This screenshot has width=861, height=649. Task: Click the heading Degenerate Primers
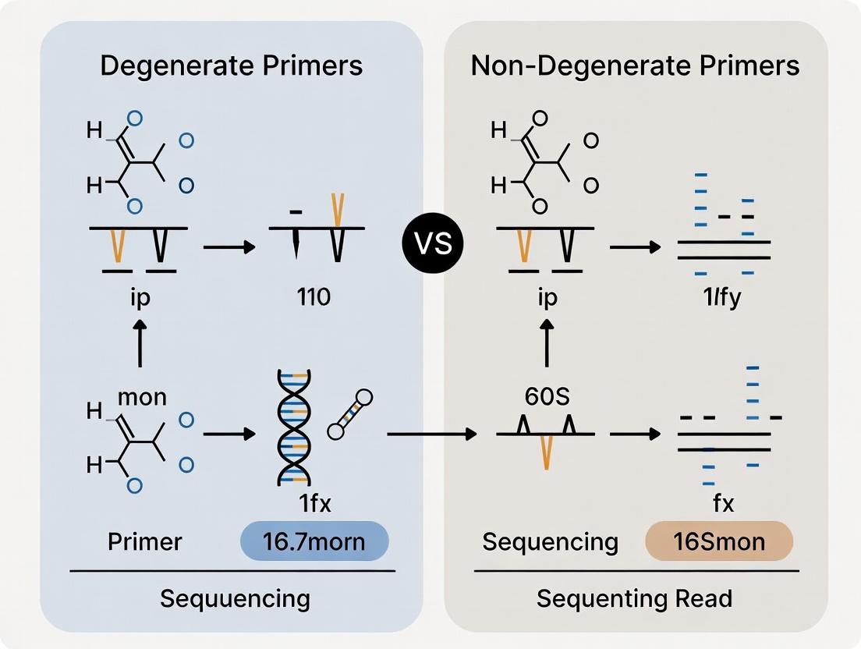coord(232,66)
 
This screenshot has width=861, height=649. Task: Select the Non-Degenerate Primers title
coord(635,66)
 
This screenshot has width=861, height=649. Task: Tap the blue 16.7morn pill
coord(314,541)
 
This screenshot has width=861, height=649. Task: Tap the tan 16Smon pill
coord(719,541)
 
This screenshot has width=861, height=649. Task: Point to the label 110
coord(314,297)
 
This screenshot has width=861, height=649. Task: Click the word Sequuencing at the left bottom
coord(235,599)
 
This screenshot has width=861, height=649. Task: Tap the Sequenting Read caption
coord(635,599)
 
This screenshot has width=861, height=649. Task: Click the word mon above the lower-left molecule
coord(142,397)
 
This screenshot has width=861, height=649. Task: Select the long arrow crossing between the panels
coord(431,433)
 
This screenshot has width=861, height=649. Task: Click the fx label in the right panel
coord(723,504)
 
